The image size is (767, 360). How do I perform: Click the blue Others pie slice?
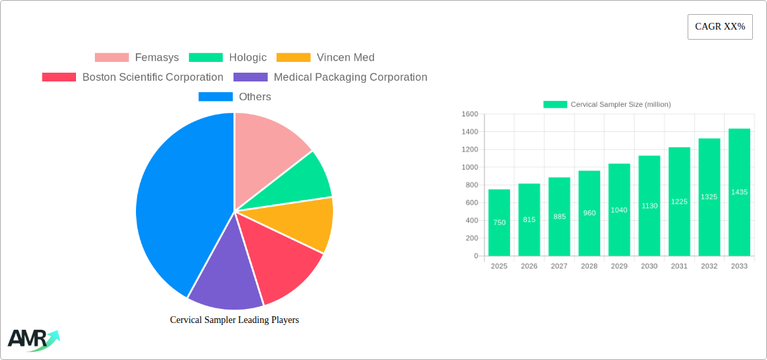175,209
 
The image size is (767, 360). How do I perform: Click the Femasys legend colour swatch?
112,58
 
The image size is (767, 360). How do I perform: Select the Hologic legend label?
248,58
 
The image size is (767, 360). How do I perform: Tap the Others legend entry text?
255,97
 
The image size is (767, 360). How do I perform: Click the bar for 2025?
499,223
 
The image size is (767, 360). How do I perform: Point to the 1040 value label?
619,211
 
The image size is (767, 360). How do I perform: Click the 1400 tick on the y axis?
469,132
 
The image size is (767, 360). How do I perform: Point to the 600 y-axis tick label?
471,203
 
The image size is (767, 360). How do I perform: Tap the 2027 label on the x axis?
559,266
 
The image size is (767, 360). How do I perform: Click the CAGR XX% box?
720,27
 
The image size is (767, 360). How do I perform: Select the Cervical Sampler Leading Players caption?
234,320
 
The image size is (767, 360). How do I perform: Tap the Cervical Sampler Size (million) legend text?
620,104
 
